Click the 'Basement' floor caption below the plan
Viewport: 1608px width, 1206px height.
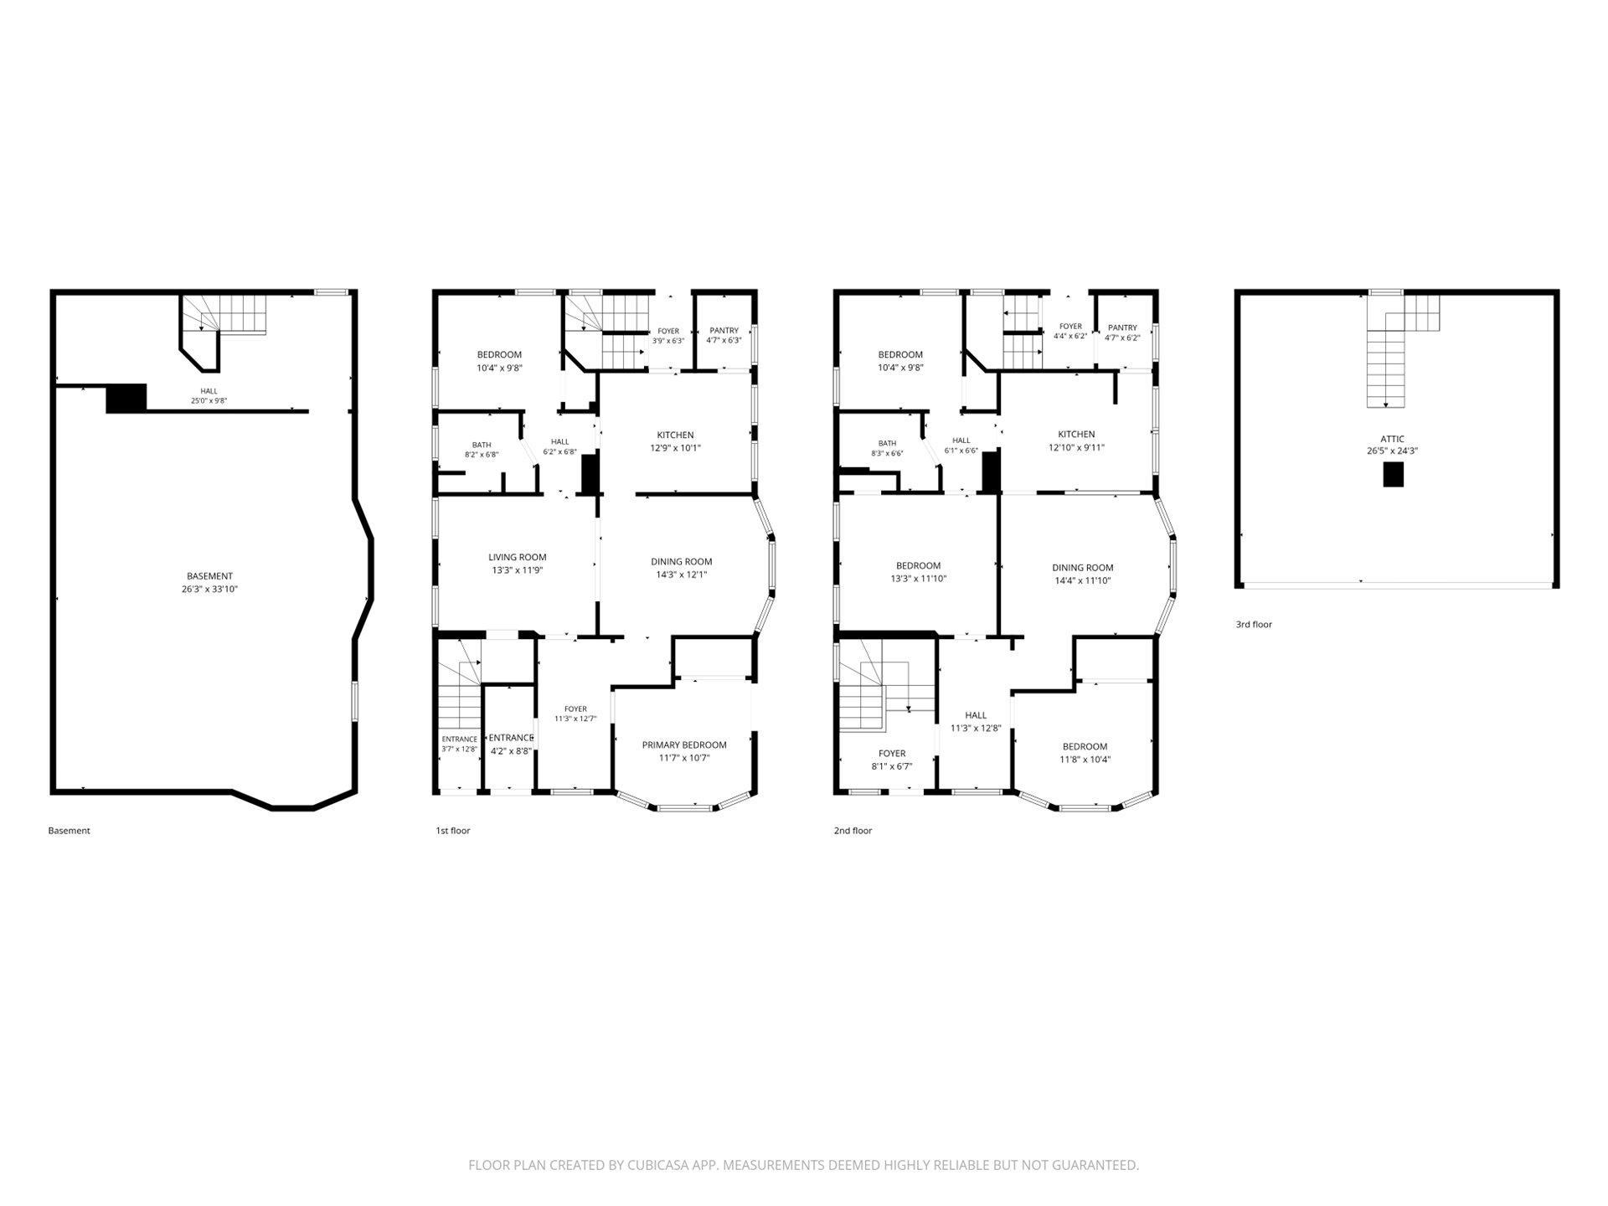pos(69,831)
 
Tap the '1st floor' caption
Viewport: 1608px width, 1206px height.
pos(453,831)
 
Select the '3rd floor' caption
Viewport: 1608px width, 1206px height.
pos(1254,625)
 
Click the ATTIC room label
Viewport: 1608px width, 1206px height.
pos(1393,439)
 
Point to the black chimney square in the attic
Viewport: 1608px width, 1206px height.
pos(1393,475)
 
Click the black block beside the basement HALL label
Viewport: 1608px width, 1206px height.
pos(126,398)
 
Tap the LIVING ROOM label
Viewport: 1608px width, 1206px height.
pos(518,558)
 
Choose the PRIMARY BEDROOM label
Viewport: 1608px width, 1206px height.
pos(684,745)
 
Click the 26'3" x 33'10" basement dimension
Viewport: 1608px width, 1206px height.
pos(209,590)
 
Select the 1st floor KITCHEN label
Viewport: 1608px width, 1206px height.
pos(675,435)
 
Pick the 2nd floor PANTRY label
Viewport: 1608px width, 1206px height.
pos(1122,328)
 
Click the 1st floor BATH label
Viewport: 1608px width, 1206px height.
pos(482,446)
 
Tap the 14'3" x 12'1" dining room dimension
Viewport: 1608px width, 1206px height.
pos(682,575)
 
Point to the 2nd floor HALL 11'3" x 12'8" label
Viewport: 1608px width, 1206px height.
pos(976,722)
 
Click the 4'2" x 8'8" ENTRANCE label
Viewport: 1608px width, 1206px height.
pos(511,745)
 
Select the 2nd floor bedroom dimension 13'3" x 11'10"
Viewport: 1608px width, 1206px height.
pos(919,579)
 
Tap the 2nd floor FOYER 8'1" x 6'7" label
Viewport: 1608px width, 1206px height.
pos(892,760)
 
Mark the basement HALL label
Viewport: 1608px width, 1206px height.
pos(209,391)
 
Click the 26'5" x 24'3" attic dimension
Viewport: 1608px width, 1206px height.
pos(1393,451)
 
